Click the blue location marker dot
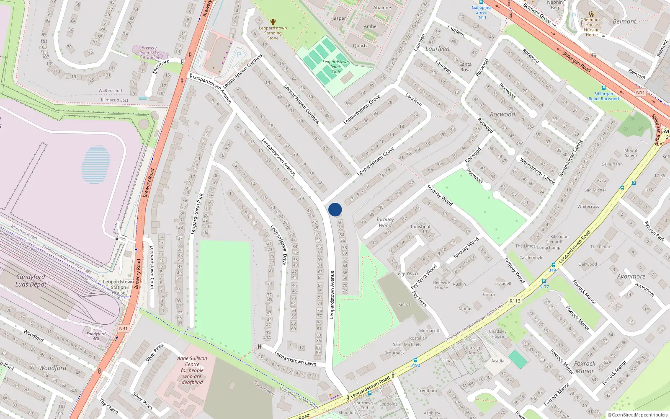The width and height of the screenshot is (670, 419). click(335, 209)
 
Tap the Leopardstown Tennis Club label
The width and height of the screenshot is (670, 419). click(335, 67)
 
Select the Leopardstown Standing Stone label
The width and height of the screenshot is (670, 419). click(273, 33)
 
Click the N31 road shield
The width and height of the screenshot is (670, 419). click(123, 328)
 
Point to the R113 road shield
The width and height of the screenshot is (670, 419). click(515, 301)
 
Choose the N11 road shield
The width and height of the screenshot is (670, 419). click(640, 93)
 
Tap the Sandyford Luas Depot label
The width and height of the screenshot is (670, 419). click(31, 281)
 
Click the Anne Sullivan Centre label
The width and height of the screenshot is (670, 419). click(192, 370)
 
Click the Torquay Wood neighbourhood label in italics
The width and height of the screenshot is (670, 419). click(385, 222)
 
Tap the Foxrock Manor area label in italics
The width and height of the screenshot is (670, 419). click(585, 367)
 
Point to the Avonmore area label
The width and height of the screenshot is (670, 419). click(631, 277)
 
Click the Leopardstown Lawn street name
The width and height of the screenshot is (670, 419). click(295, 359)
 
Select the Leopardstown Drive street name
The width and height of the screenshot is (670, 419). click(278, 245)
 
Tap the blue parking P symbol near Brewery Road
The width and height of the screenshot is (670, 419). click(239, 55)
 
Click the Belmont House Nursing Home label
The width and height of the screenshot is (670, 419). click(592, 27)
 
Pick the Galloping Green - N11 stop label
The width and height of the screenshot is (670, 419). click(482, 12)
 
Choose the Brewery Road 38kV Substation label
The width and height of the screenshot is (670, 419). click(149, 53)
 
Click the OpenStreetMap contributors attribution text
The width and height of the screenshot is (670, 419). click(638, 415)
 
